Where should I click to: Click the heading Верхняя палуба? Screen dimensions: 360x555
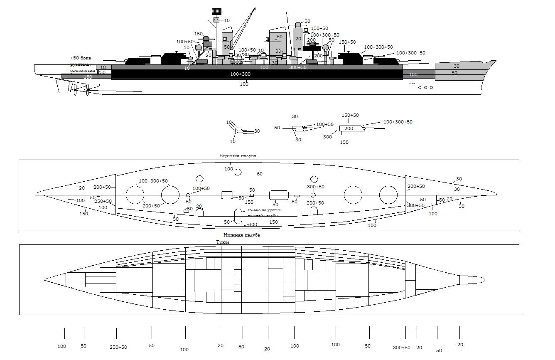[x=238, y=155]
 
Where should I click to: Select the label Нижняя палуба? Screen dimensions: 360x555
[x=241, y=235]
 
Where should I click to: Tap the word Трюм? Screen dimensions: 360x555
[x=222, y=242]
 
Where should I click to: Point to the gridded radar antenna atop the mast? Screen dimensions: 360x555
[x=216, y=12]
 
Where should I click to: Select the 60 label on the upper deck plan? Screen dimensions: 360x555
[x=260, y=173]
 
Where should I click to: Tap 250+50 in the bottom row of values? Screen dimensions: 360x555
[x=118, y=347]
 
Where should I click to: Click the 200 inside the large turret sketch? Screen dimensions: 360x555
[x=349, y=128]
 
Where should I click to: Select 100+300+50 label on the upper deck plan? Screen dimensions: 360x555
[x=153, y=181]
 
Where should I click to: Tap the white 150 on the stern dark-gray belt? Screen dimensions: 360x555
[x=88, y=77]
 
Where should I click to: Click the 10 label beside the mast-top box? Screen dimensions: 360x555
[x=227, y=20]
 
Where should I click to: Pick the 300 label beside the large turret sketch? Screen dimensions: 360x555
[x=327, y=137]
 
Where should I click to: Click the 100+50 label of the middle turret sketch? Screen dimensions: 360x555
[x=325, y=124]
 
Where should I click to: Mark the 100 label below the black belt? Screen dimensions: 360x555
[x=244, y=84]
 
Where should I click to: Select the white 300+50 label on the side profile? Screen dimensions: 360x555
[x=298, y=67]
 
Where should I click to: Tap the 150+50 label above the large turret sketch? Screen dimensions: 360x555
[x=350, y=115]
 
